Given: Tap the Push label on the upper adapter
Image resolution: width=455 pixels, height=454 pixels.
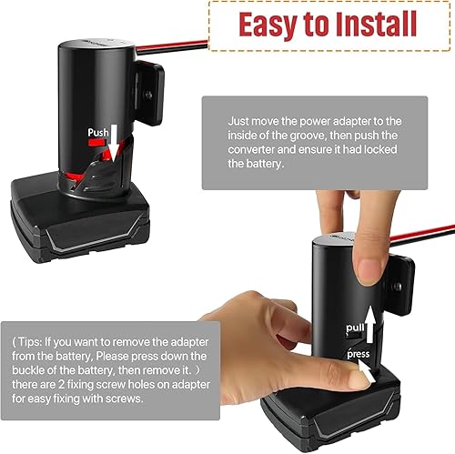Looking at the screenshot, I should point(99,133).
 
